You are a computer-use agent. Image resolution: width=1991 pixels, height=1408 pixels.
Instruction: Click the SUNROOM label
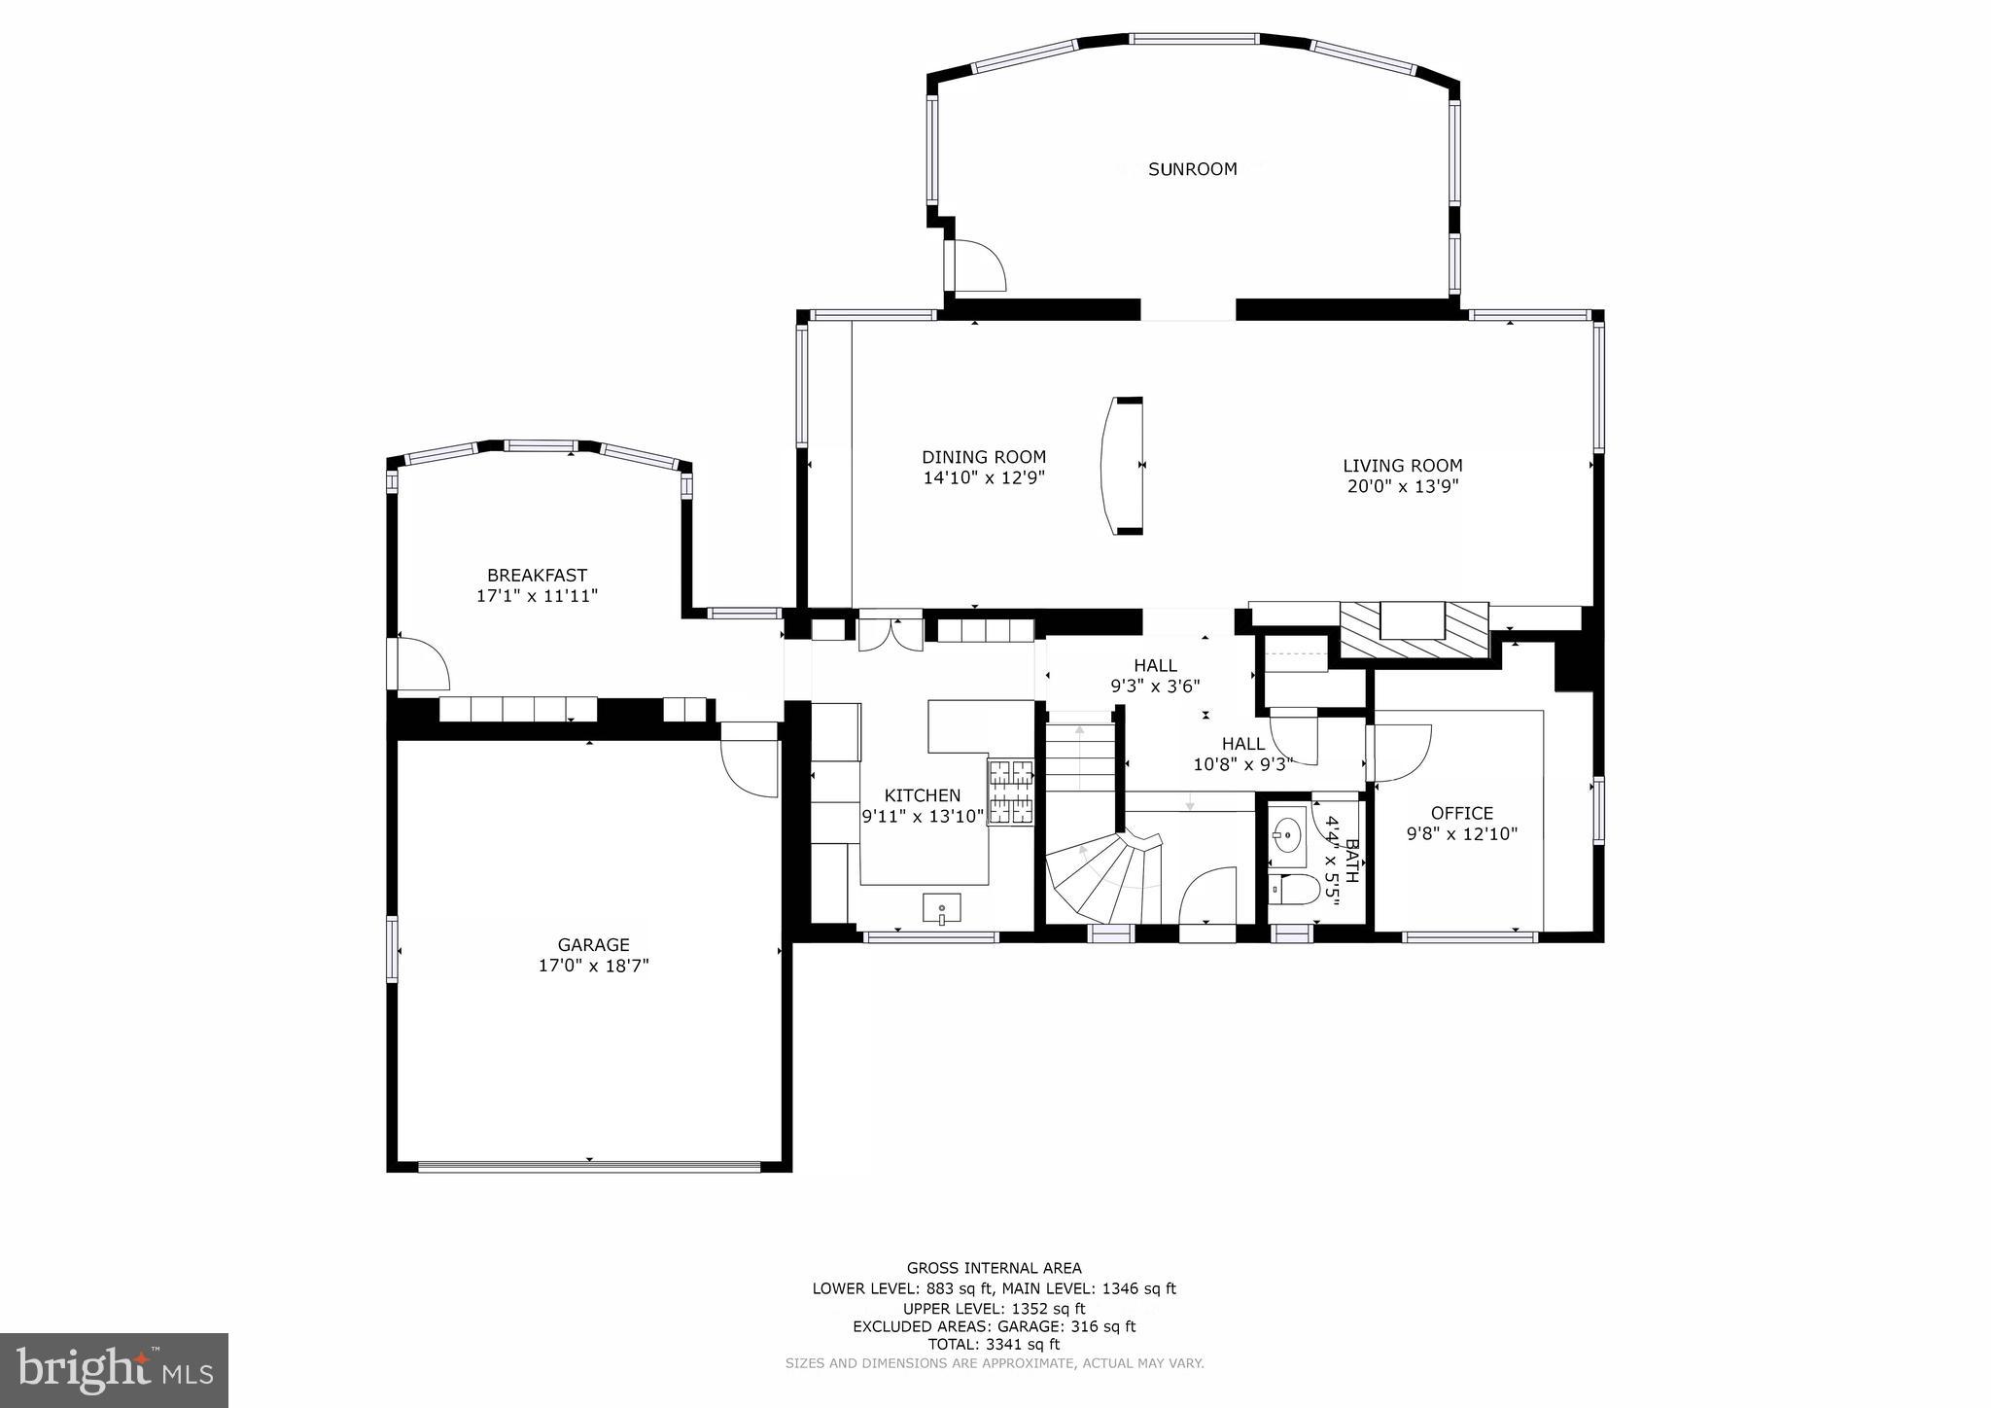[x=1192, y=169]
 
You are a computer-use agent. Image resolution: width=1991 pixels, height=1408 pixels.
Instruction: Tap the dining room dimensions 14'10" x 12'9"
[x=984, y=478]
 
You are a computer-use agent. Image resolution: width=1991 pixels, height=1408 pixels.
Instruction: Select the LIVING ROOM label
[x=1402, y=466]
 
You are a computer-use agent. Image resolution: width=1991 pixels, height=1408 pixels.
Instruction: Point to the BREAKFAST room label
[x=537, y=576]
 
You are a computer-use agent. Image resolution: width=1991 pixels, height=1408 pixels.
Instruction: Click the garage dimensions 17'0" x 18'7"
[x=593, y=966]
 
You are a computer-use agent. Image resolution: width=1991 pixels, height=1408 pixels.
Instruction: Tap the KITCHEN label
[x=922, y=795]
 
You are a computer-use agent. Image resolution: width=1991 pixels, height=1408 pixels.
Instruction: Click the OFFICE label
[x=1461, y=813]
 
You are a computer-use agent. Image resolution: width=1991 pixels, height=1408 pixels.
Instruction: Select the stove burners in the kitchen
[x=1011, y=792]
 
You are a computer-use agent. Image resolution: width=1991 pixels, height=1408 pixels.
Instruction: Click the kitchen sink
[x=941, y=909]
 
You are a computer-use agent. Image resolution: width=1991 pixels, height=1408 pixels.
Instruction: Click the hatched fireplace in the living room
[x=1415, y=629]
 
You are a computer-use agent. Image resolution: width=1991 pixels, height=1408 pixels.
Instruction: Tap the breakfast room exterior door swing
[x=420, y=663]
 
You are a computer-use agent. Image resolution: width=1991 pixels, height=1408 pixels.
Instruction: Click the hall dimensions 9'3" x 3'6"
[x=1155, y=686]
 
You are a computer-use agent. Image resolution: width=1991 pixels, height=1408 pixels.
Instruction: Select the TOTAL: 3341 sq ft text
[x=994, y=1345]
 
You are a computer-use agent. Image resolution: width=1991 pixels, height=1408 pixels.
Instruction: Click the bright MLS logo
[x=114, y=1370]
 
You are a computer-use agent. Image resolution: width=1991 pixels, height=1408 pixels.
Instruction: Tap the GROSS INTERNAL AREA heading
[x=994, y=1268]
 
